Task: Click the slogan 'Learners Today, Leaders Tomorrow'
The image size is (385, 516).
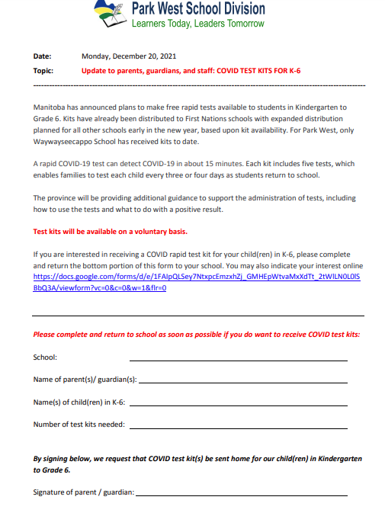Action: click(197, 24)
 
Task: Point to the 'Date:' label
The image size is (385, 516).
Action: click(43, 56)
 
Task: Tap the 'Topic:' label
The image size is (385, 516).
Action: click(43, 70)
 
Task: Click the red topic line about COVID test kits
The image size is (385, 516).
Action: click(191, 70)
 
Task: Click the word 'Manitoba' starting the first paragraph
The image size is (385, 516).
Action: click(50, 107)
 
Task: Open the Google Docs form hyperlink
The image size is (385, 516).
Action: click(197, 277)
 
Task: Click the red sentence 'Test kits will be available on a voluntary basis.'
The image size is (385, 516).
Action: click(111, 231)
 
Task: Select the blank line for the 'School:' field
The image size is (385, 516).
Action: click(238, 359)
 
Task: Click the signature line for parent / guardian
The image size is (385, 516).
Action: click(241, 495)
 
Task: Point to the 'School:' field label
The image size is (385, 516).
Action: click(45, 357)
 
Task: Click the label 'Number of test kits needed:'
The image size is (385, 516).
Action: click(79, 424)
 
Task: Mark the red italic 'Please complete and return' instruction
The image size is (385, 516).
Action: click(197, 335)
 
